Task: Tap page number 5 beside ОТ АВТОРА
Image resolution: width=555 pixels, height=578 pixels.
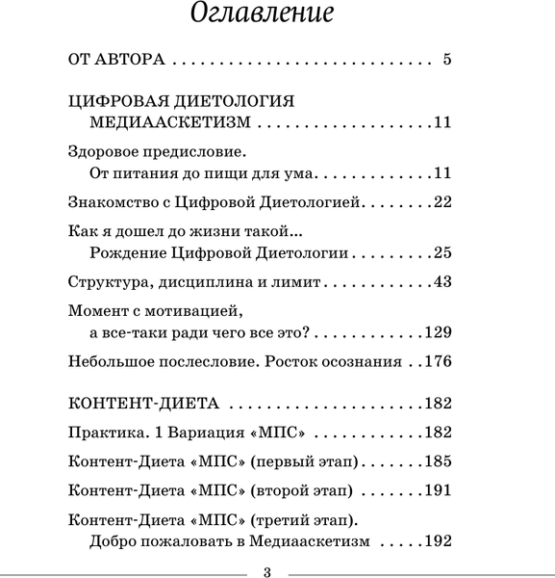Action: coord(447,59)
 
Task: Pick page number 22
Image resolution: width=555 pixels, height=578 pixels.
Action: coord(442,201)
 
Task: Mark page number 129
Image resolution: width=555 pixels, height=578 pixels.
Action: coord(439,332)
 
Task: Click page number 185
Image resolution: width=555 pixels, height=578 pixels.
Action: coord(439,461)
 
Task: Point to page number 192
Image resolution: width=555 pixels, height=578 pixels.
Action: coord(439,541)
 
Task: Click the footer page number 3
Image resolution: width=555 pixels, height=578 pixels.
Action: coord(267,571)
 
